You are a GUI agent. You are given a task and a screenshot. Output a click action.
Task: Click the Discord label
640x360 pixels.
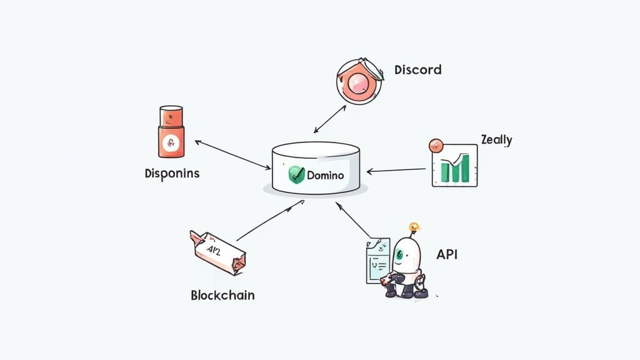tap(417, 69)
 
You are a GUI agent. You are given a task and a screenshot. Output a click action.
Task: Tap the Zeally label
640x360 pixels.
tap(496, 139)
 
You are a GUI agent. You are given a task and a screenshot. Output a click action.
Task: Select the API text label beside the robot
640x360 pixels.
tap(447, 255)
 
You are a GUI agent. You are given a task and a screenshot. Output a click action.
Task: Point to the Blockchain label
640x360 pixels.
tap(222, 295)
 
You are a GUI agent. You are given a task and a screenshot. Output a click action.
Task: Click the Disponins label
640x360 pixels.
tap(172, 173)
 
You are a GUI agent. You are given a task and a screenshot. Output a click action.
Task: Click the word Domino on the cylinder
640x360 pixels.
tap(325, 175)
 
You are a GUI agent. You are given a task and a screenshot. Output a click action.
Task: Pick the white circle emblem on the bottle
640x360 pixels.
tap(171, 142)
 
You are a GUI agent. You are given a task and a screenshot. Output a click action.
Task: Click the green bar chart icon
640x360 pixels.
tap(454, 166)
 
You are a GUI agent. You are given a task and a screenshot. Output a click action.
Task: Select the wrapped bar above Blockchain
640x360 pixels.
tap(217, 252)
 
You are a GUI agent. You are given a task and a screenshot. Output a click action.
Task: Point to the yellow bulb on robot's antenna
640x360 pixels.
tap(413, 227)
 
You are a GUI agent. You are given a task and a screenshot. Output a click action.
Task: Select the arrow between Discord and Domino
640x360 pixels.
tap(329, 119)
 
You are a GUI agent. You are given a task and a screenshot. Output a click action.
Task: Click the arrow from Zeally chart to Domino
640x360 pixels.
tap(396, 170)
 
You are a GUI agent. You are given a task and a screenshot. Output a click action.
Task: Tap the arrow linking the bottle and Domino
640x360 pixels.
tap(232, 154)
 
